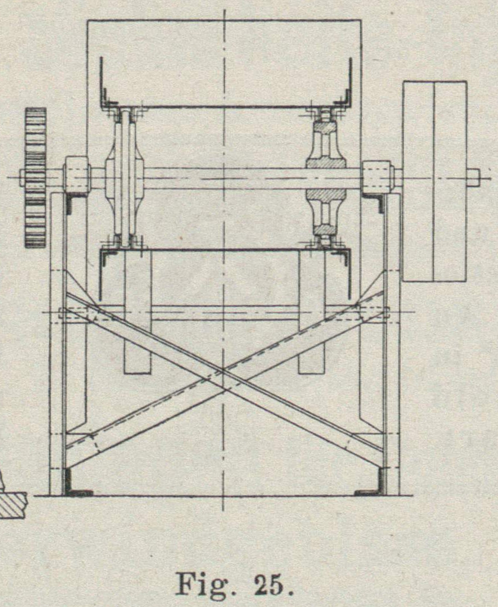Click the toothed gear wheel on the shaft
tap(35, 177)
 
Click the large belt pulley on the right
tap(434, 181)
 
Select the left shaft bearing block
tap(77, 177)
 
